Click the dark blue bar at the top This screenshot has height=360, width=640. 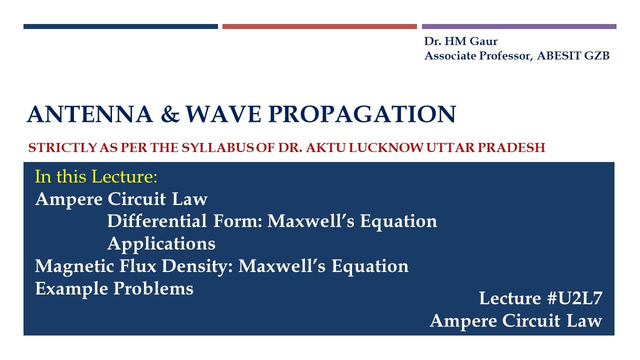click(120, 26)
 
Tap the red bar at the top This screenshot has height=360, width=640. click(319, 26)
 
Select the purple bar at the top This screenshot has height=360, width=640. click(519, 26)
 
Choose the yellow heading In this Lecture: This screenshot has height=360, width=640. click(96, 176)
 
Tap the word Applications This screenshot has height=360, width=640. click(161, 243)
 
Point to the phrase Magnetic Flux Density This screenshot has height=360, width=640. click(132, 266)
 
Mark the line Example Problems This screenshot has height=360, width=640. click(114, 288)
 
